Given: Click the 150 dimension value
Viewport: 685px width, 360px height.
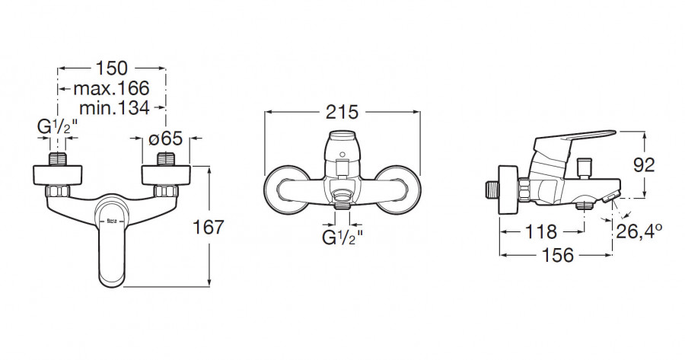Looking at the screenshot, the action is [112, 68].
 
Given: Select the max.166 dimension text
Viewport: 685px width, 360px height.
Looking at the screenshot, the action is [111, 88].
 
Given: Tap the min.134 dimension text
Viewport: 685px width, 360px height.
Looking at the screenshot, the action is [114, 107].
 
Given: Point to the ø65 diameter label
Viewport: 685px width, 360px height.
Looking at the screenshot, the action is [165, 139].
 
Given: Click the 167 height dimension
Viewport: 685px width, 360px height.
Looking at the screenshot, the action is [209, 227].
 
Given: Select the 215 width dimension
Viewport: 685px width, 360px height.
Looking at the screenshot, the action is [342, 112].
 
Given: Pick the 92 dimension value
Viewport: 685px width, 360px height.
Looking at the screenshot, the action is [645, 164].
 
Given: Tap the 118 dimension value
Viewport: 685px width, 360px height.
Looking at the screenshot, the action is [541, 231].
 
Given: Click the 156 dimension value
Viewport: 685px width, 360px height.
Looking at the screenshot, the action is [558, 255].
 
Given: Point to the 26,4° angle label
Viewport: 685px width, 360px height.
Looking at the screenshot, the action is [639, 231].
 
